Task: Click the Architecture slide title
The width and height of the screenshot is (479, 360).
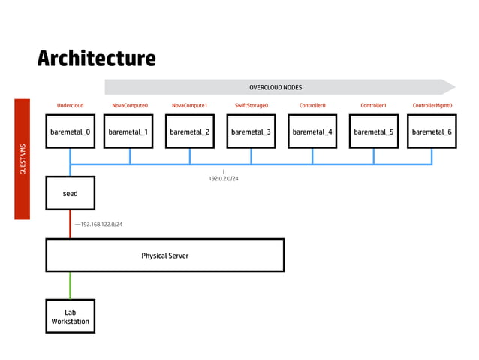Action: [97, 58]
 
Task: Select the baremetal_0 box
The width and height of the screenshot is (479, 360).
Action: [70, 132]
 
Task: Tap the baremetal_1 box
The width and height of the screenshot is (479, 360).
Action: [128, 132]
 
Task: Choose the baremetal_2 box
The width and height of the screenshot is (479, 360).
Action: [189, 132]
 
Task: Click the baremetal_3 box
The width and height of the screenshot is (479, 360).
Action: [251, 132]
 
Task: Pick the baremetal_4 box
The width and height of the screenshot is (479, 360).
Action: [312, 132]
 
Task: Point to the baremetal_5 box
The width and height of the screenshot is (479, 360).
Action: [373, 132]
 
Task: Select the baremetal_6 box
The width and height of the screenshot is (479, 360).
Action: [432, 132]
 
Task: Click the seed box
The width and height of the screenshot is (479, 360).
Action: [70, 194]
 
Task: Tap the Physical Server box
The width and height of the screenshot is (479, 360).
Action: [165, 256]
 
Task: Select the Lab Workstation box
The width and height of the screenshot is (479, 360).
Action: [70, 316]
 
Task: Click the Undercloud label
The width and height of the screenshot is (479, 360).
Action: [70, 106]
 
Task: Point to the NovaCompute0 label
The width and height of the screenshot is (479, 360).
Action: [130, 106]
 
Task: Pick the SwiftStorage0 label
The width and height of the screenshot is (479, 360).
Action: [251, 106]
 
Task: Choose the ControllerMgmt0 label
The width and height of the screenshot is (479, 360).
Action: [432, 106]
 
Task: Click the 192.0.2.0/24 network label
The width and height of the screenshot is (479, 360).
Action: [224, 179]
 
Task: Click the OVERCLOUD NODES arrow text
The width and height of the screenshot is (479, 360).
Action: [276, 87]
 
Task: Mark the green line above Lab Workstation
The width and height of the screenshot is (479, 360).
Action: [70, 286]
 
